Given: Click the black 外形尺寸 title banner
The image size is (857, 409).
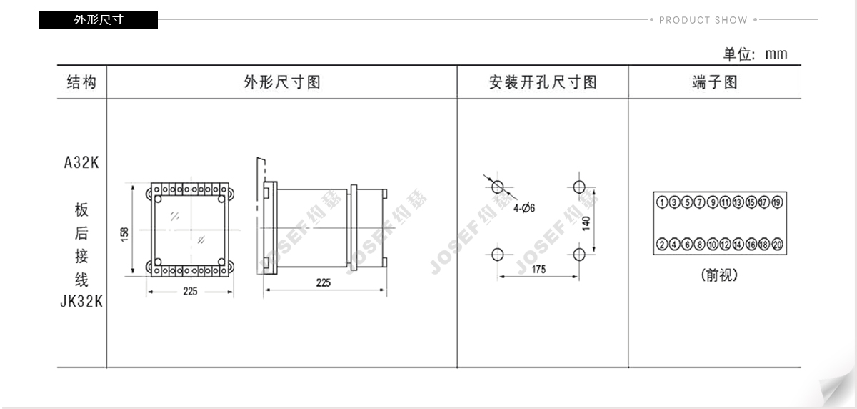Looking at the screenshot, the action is pos(99,19).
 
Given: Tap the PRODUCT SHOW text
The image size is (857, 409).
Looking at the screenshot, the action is pos(703,20).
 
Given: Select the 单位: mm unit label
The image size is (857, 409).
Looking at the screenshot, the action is pos(756,54).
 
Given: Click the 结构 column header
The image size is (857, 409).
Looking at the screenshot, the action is pos(81,82).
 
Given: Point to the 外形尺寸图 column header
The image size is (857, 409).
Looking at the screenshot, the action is pos(282,82).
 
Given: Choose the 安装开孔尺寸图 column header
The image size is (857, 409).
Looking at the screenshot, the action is pos(543,82).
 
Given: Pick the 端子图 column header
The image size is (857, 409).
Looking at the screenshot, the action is pos(715,82).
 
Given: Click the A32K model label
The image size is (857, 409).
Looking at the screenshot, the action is pos(81,163).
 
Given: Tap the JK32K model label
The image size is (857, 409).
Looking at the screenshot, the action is pos(81,302).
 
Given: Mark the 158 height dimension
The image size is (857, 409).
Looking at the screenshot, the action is pos(125,235).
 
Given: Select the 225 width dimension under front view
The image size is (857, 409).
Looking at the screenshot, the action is pos(190,292).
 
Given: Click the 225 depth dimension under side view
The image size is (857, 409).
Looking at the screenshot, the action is pos(324,283).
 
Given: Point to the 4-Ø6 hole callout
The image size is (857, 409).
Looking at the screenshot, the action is pos(524,209).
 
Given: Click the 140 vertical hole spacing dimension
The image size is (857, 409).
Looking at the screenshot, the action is pos(586,224).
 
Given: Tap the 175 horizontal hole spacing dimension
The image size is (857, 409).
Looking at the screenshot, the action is pos(538,270).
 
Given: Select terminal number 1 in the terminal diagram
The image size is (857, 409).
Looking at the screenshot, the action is pos(662,202).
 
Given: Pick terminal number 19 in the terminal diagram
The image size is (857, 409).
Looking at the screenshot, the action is pos(777,202).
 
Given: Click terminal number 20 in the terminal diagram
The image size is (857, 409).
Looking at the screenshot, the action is pos(777,244).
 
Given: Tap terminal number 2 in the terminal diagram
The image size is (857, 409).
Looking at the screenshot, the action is pos(662,244).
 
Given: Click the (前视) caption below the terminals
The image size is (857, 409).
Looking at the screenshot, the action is pos(719,275).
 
